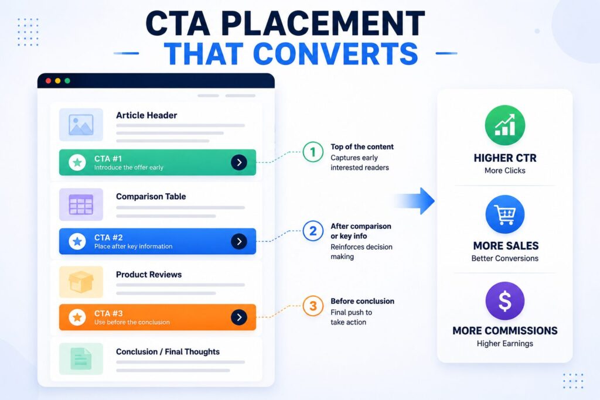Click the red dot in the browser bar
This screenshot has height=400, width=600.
48,81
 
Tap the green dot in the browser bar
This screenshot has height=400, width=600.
67,81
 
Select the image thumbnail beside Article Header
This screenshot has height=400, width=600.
81,125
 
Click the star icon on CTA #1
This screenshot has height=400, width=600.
77,163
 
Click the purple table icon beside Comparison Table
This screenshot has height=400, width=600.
81,204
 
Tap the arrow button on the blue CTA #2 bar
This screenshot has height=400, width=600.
239,241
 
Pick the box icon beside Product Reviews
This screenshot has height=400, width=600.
81,282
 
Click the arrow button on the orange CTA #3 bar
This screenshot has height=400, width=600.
239,317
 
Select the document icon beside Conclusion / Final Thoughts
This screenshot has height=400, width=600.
81,358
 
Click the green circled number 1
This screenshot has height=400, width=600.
313,152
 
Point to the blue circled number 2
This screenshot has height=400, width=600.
313,231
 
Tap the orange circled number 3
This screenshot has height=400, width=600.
313,306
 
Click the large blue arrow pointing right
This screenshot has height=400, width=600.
415,201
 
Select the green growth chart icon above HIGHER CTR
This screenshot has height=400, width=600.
505,125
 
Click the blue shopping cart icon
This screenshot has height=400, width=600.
505,214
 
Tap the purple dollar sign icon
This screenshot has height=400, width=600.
505,301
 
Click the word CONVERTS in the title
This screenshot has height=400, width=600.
336,54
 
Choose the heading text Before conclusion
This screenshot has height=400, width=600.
362,301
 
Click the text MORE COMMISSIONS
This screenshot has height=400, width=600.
505,330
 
